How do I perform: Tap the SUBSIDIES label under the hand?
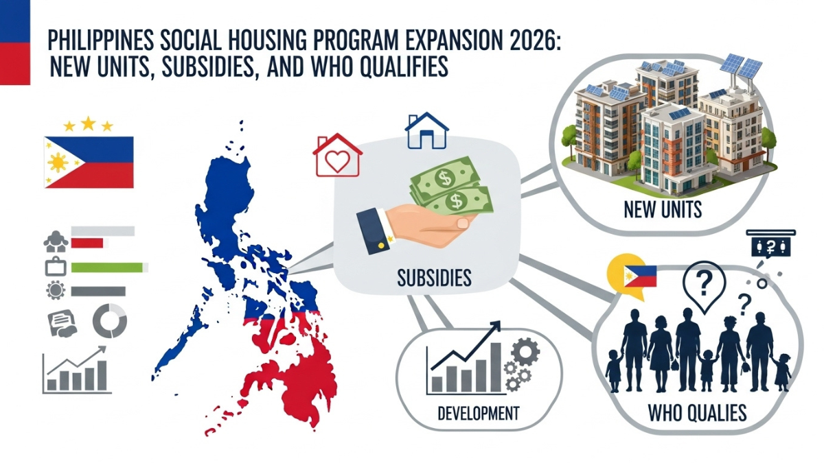coord(434,278)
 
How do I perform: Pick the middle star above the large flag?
coord(88,123)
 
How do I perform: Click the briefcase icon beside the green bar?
coord(55,267)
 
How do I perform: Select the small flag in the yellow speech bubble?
coord(639,276)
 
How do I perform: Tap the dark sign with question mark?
coord(770,245)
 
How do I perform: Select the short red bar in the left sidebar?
coord(87,243)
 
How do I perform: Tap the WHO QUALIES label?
coord(697,413)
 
